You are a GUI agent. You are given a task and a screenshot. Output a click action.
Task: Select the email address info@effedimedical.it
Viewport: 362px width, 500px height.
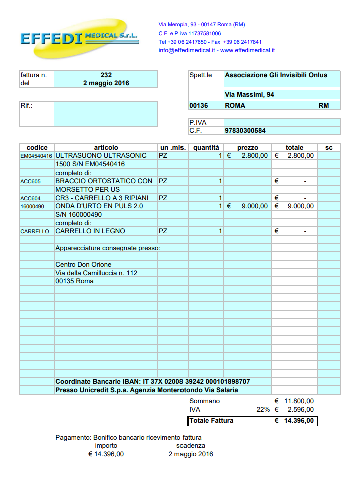tap(187, 50)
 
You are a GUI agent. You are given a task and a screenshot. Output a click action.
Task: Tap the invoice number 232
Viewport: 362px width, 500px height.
tap(106, 75)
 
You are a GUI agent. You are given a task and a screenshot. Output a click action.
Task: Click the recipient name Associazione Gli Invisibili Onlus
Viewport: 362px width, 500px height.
tap(276, 75)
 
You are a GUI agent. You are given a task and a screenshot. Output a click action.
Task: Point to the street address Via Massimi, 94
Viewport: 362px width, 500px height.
tap(249, 95)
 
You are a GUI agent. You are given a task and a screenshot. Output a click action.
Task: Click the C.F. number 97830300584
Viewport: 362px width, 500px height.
tap(245, 131)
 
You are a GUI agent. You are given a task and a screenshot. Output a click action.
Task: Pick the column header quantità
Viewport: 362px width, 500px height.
tap(206, 148)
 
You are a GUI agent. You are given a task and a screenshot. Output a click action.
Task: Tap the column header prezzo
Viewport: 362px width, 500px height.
tap(248, 148)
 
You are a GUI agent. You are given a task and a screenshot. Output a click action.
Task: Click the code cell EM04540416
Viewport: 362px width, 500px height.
tap(36, 156)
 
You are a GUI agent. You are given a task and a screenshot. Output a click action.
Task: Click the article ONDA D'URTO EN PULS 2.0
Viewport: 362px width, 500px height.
tap(99, 206)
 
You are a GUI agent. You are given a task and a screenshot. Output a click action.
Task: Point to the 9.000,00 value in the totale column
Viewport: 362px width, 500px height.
tap(301, 206)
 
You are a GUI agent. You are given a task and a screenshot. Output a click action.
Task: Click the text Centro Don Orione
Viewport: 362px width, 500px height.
tap(83, 265)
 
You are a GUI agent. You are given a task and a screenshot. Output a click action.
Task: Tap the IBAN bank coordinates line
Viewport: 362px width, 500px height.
tap(152, 382)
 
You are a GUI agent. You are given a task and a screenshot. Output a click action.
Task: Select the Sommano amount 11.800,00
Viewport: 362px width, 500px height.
tap(299, 401)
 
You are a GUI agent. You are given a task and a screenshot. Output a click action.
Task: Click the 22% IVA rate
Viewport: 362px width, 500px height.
tap(263, 410)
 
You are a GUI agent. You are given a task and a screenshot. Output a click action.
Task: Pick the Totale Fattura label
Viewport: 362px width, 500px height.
tap(211, 421)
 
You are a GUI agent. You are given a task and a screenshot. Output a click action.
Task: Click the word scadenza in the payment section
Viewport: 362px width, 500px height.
tap(191, 445)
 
